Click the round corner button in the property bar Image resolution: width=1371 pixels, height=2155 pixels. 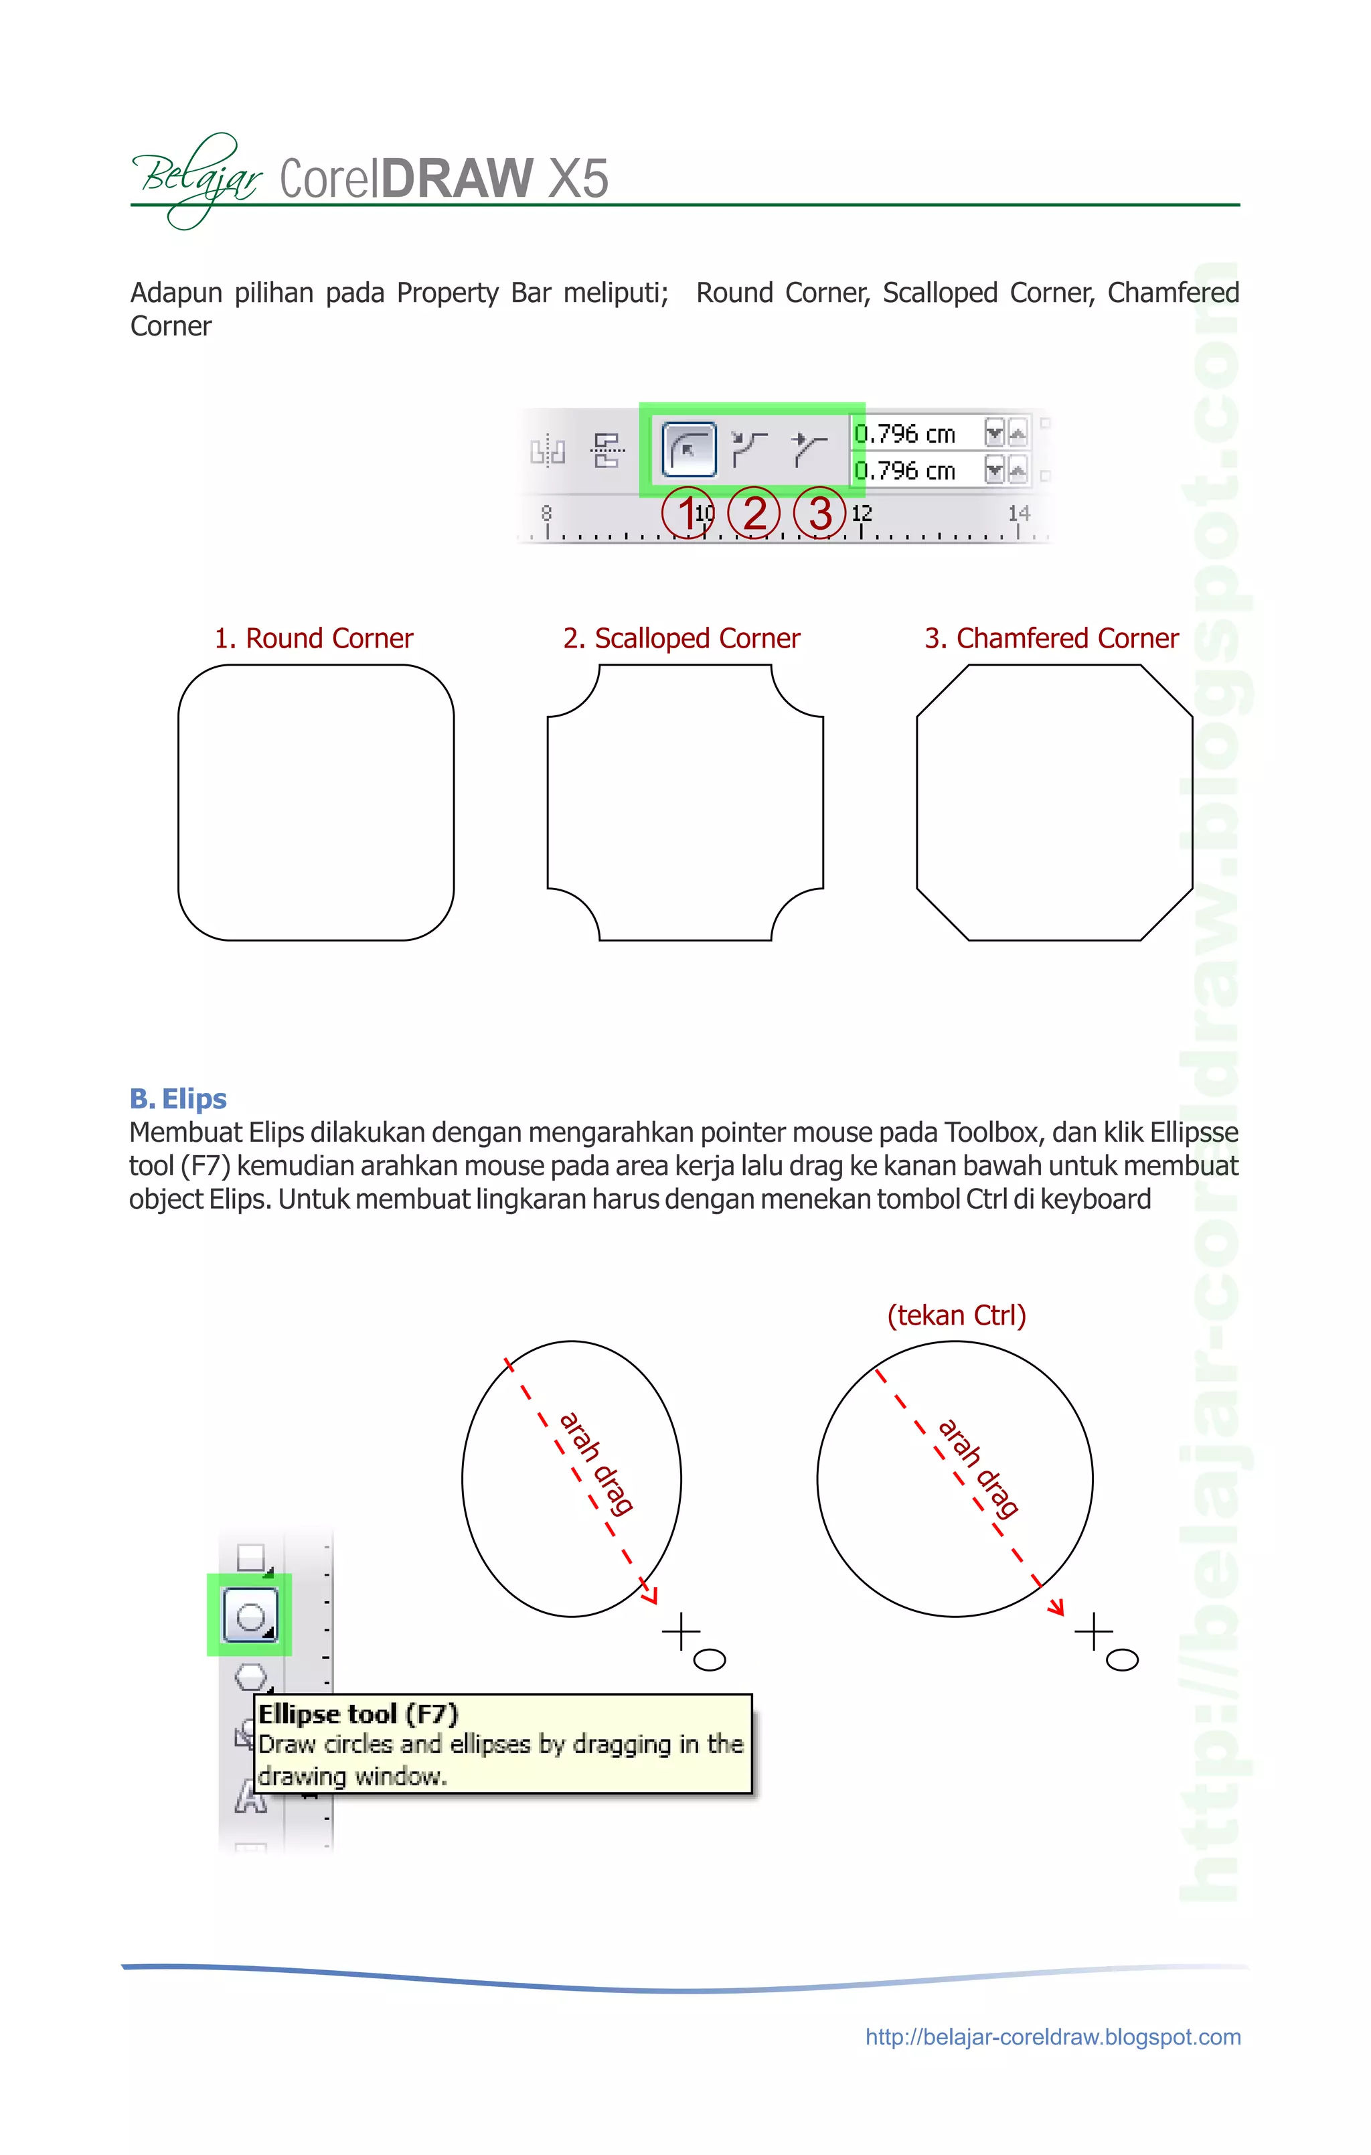coord(688,449)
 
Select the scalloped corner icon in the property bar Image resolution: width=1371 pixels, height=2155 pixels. coord(749,449)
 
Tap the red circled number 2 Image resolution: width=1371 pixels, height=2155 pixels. coord(754,514)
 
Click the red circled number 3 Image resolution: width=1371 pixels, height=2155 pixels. coord(820,514)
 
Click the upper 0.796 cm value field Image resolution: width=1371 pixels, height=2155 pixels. coord(914,434)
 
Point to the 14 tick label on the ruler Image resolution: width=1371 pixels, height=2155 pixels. coord(1018,514)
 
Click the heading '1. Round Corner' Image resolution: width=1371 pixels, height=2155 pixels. coord(313,638)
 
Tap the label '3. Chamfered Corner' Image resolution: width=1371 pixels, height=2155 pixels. coord(1052,638)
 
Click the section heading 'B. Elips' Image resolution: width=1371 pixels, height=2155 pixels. coord(178,1098)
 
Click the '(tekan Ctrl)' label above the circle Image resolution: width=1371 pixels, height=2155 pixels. coord(956,1315)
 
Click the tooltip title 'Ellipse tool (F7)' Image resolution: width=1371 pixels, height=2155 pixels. coord(358,1714)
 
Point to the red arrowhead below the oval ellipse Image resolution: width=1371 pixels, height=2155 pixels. coord(651,1594)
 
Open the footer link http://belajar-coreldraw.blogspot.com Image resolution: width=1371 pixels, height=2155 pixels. coord(1052,2038)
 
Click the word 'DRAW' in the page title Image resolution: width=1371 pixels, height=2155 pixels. coord(457,177)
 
